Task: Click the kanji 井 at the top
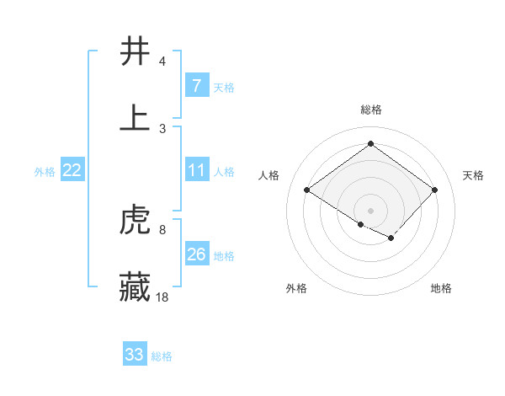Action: [135, 52]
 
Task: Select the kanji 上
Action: [135, 118]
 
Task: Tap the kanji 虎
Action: [135, 222]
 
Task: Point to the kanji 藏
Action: [135, 287]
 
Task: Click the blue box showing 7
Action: [196, 86]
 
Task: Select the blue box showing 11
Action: [196, 171]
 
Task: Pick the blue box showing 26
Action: [196, 254]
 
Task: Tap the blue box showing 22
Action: [72, 171]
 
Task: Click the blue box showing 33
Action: [135, 355]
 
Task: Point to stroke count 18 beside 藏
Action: [163, 297]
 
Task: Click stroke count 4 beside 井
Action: [162, 62]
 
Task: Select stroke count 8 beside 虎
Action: [162, 229]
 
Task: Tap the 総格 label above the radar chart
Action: [371, 110]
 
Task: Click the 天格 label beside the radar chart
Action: [474, 175]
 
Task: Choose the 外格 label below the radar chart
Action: [296, 288]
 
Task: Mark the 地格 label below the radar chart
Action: [441, 288]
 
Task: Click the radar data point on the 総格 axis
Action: [370, 143]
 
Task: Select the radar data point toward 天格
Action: [434, 190]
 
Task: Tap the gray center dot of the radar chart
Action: [370, 210]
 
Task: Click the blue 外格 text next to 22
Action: [45, 172]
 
